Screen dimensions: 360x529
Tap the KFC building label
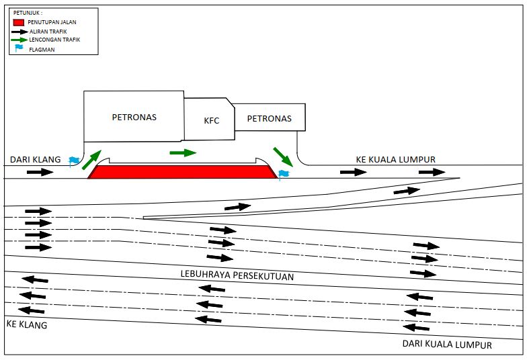(x=212, y=122)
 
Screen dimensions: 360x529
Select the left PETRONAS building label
(x=134, y=117)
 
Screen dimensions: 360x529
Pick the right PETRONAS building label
(x=269, y=119)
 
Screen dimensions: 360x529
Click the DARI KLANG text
(x=36, y=160)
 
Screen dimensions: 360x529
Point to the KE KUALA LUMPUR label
(x=395, y=160)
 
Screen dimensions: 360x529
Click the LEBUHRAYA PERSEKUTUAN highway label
(x=237, y=276)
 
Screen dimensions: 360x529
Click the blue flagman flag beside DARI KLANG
(x=74, y=161)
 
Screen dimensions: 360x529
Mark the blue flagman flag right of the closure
(x=284, y=175)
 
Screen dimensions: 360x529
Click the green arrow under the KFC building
(x=182, y=152)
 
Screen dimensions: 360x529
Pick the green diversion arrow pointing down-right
(x=283, y=156)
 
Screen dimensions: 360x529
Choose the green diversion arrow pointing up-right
(x=92, y=159)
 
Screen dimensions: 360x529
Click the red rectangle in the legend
(x=19, y=23)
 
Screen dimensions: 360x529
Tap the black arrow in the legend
(x=19, y=32)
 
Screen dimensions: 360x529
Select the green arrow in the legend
(x=19, y=40)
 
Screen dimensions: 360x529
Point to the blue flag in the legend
(x=19, y=49)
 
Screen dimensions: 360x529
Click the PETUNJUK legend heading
(x=27, y=13)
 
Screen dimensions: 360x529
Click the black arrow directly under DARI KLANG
(x=40, y=172)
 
